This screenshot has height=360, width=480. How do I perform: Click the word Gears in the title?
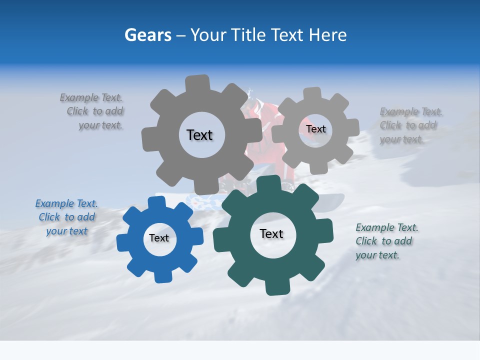148,35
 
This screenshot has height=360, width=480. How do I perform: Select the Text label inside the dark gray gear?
199,135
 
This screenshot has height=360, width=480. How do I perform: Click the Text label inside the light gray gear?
316,129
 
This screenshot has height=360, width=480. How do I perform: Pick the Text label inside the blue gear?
159,238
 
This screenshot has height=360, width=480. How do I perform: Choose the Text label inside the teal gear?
271,233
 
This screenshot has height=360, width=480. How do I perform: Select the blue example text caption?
66,217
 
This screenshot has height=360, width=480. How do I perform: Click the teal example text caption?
386,241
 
